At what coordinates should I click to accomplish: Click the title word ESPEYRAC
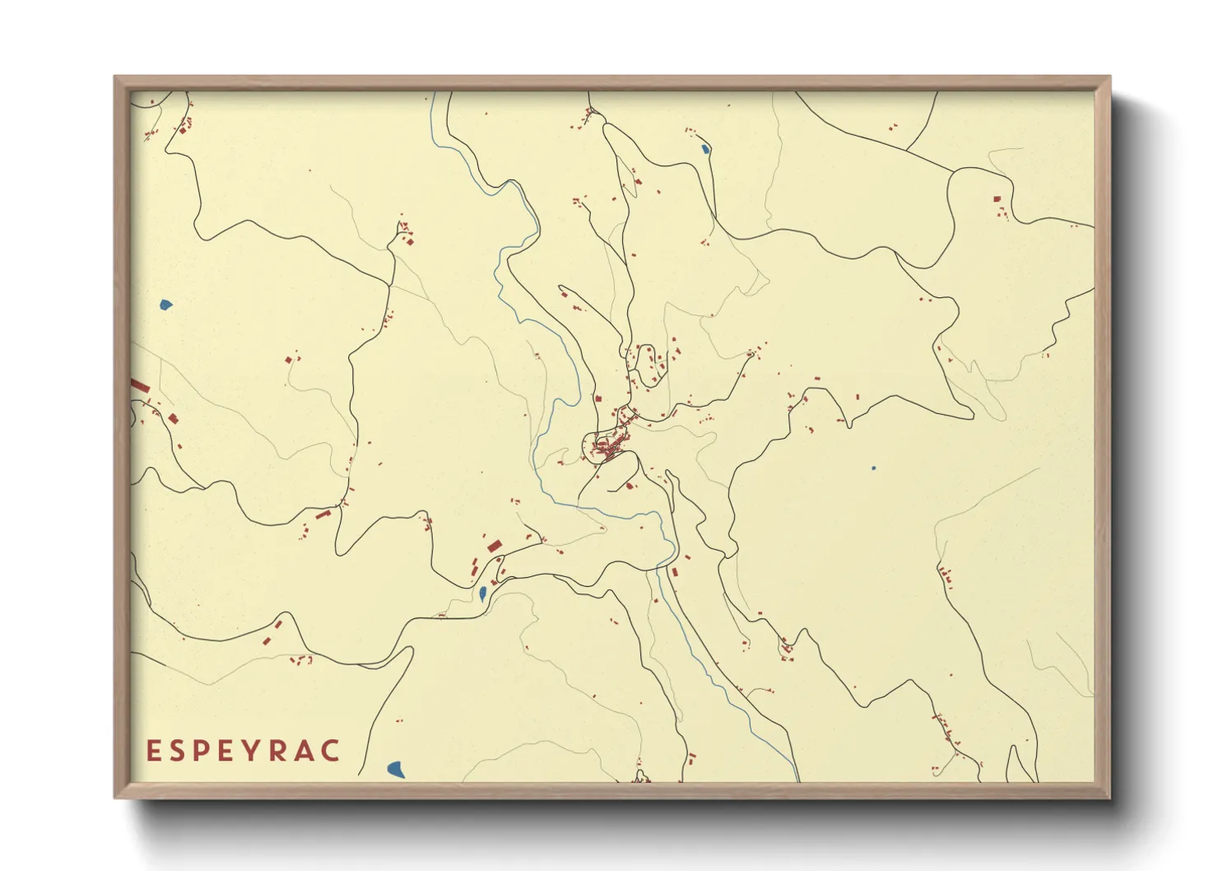tap(244, 751)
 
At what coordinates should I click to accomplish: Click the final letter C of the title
tap(331, 751)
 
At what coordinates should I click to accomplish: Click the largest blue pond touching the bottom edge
tap(396, 770)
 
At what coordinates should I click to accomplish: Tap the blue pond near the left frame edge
tap(166, 305)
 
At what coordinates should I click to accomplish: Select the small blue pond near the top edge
tap(705, 150)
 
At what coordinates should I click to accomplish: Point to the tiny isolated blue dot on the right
tap(873, 468)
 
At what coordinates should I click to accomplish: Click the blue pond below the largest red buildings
tap(482, 593)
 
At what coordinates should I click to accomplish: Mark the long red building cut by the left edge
tap(140, 385)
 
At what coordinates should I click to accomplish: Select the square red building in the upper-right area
tap(997, 199)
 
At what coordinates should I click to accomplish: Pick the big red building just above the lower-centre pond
tap(494, 546)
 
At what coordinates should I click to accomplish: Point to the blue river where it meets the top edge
tap(433, 95)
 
